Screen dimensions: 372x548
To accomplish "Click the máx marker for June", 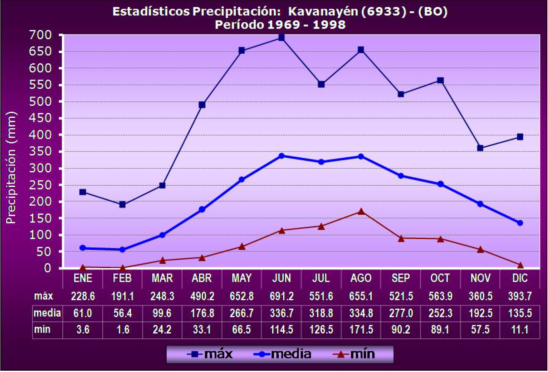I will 281,38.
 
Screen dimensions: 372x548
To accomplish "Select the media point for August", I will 361,157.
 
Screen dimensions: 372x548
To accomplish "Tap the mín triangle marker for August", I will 361,212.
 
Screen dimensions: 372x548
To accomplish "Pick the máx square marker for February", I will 122,204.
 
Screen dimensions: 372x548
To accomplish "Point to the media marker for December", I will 520,223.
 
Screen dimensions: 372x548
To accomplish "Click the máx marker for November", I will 480,148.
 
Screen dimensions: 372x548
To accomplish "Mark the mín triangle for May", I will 242,247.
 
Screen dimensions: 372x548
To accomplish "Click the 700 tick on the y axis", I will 40,35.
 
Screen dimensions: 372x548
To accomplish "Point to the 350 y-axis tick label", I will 40,151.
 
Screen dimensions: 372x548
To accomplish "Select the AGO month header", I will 361,278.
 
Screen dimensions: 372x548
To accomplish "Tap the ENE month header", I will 83,278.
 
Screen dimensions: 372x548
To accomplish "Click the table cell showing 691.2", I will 281,296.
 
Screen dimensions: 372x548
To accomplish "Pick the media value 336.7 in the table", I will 281,313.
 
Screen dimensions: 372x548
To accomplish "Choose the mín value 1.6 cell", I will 122,330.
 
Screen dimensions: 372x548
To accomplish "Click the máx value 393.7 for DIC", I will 520,296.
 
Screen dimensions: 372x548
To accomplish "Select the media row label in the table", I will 47,313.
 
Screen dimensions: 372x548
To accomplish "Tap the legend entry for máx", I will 210,354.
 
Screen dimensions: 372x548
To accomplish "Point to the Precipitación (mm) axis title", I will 11,167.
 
